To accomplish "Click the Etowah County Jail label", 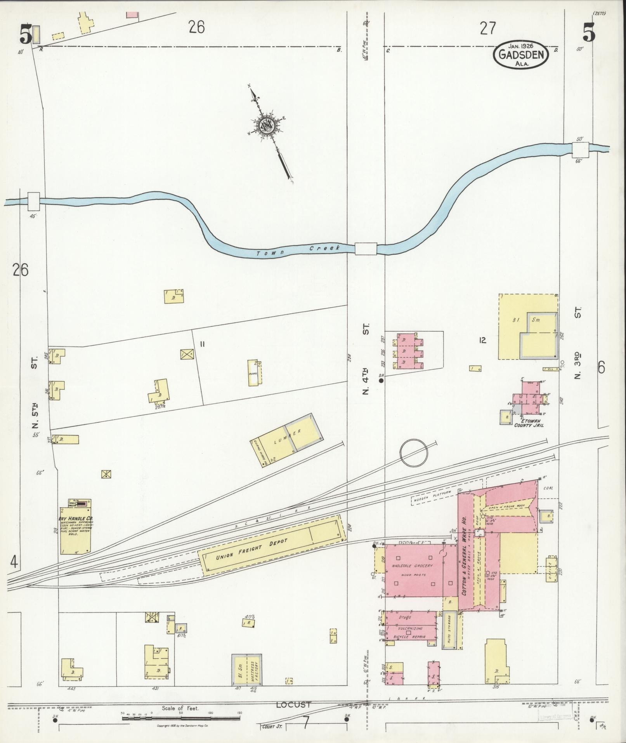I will click(x=529, y=423).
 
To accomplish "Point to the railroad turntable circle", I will click(x=414, y=453).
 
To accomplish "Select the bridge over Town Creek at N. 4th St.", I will click(x=366, y=249).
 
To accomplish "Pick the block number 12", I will click(x=482, y=341).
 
